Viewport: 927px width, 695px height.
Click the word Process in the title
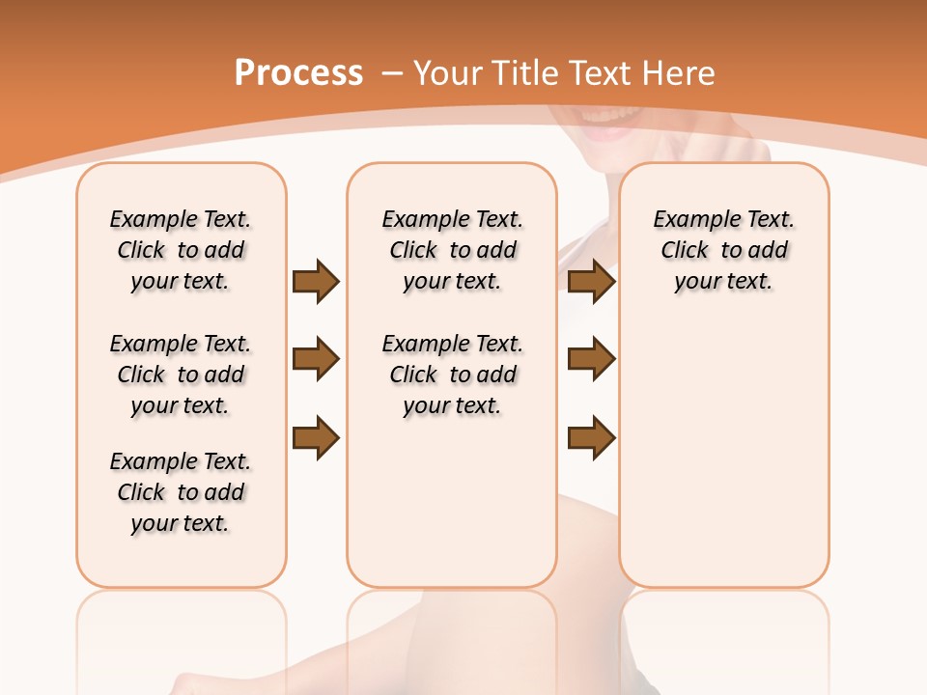point(298,72)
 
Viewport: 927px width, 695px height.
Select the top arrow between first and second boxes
point(316,281)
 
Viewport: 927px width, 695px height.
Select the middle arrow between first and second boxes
point(316,360)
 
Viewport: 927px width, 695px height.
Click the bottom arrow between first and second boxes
point(316,438)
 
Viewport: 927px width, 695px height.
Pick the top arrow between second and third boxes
point(592,281)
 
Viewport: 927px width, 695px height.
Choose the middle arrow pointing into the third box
point(592,359)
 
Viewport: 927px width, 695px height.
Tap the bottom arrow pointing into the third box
point(592,438)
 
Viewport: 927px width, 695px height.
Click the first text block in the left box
point(181,250)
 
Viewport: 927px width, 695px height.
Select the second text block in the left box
point(181,375)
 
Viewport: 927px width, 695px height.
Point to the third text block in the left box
point(181,492)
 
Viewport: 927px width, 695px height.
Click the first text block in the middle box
point(453,250)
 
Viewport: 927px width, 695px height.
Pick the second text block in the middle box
point(453,375)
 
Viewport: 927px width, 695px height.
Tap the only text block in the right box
point(724,250)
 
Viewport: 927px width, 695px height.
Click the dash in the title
point(392,73)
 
